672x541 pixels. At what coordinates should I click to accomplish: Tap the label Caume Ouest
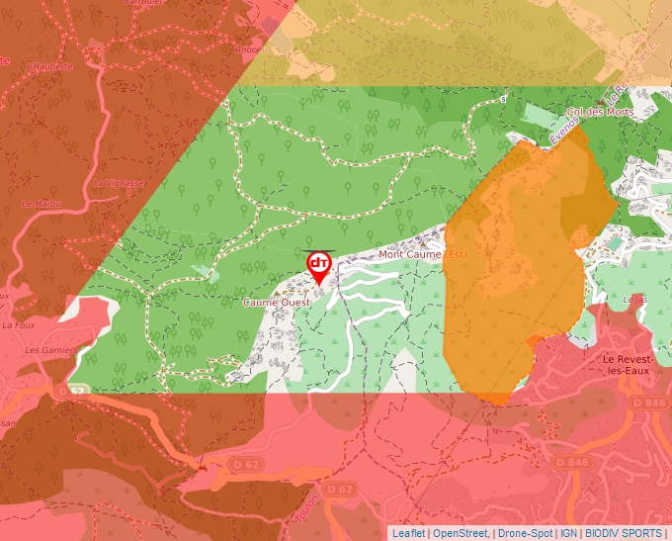coord(277,302)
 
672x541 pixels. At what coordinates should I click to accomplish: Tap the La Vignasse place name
coord(119,183)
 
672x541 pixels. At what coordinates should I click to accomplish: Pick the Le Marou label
coord(42,203)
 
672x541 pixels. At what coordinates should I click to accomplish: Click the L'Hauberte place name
coord(49,66)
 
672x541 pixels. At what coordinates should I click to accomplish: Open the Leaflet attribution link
coord(408,533)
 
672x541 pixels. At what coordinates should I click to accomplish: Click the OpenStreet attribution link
coord(462,533)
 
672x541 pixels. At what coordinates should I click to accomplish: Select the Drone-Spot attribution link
coord(525,533)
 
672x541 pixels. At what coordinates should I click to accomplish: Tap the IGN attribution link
coord(569,533)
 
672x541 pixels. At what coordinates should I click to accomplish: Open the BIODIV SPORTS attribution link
coord(625,533)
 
